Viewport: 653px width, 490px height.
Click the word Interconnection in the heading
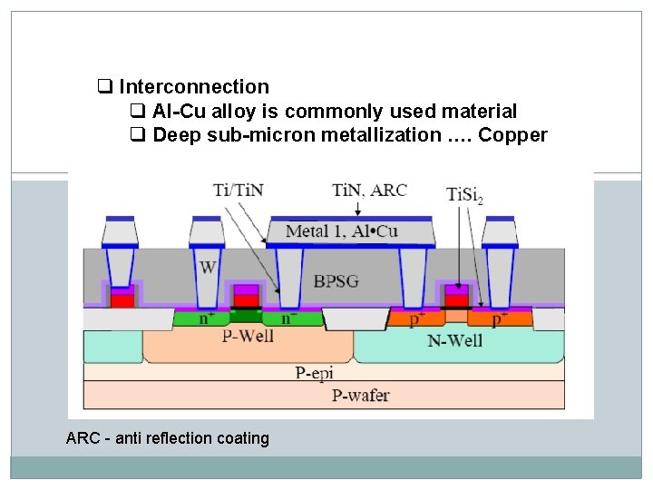[x=193, y=87]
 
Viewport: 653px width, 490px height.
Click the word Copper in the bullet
[x=513, y=135]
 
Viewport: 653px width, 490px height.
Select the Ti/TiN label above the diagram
[x=239, y=190]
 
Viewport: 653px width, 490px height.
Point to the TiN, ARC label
[x=369, y=190]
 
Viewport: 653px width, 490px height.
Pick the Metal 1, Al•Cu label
[x=341, y=231]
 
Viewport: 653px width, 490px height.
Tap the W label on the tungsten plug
[x=207, y=268]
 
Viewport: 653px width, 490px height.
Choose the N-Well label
[x=454, y=340]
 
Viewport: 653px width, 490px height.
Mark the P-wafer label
[x=361, y=394]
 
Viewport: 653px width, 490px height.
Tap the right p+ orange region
[x=498, y=319]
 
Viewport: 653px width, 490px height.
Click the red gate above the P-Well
[x=245, y=298]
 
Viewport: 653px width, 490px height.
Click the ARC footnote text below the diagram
[x=168, y=438]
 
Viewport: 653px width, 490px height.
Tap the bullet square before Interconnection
[x=104, y=87]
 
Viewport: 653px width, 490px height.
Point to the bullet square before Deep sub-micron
[x=138, y=135]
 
